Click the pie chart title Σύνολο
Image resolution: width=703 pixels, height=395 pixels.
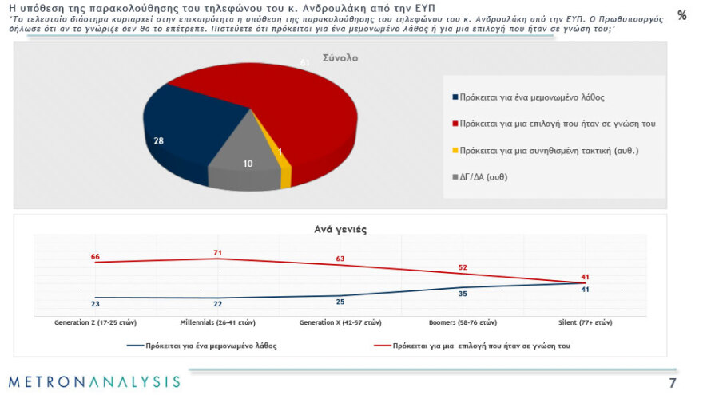[x=340, y=58]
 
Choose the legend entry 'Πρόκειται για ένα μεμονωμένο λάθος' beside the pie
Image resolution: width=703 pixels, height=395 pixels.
[x=528, y=97]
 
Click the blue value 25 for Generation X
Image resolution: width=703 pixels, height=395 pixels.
[x=340, y=302]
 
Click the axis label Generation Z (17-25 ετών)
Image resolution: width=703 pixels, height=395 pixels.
[x=94, y=322]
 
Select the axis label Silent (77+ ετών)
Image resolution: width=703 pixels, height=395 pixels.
[x=585, y=322]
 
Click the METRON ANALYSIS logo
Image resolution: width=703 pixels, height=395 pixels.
[x=94, y=381]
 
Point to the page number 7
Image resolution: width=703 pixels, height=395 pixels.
[x=673, y=381]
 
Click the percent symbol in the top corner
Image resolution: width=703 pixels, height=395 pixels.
[x=681, y=15]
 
